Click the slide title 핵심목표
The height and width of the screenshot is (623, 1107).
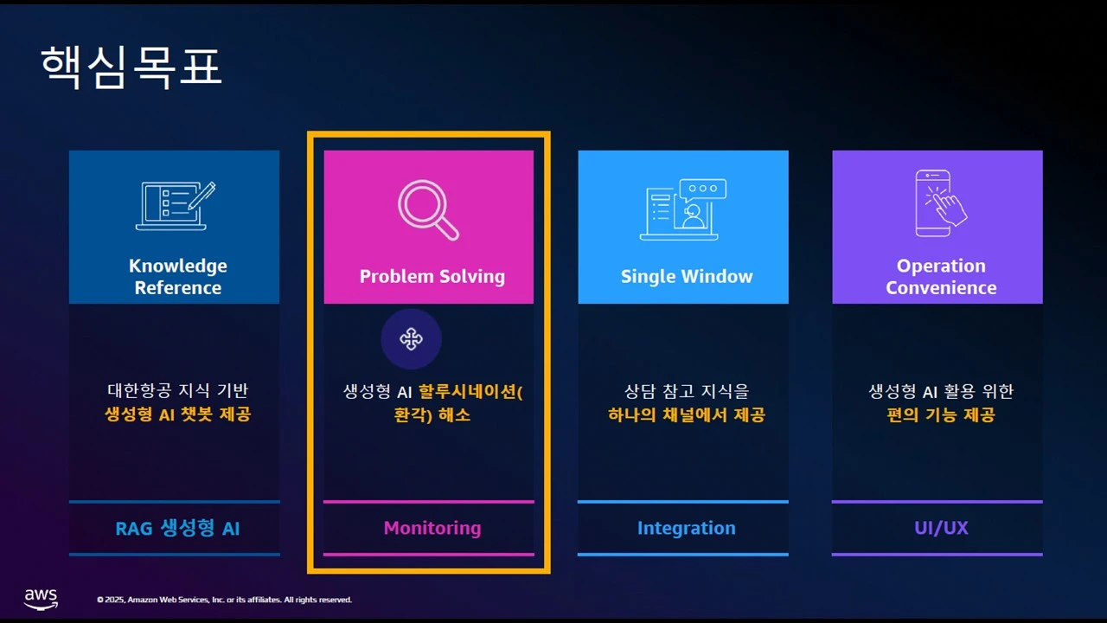pos(131,67)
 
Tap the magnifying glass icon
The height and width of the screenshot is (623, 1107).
pos(428,209)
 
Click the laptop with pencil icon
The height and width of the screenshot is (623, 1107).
pos(176,206)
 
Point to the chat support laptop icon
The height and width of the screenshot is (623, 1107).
pos(683,209)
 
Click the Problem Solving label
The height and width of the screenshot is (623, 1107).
pos(432,276)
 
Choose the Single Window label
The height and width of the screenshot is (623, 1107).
pos(687,276)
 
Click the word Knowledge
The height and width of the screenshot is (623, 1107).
pos(178,266)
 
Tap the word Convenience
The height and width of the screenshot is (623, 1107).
pos(941,288)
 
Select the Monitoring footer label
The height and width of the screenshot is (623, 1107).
pos(432,528)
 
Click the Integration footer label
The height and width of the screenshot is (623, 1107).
pos(687,528)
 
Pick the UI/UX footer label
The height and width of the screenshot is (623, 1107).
pos(941,528)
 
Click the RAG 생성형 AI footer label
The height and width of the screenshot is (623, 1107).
pos(177,528)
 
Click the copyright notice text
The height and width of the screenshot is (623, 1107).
pos(224,600)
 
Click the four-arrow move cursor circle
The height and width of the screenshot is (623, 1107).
pos(411,339)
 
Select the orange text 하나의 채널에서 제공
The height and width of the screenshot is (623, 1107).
pos(687,414)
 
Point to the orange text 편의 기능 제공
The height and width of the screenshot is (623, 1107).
pos(941,414)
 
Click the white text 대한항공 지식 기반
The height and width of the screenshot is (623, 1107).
pos(178,390)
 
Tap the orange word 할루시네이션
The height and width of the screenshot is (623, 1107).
pos(467,392)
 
